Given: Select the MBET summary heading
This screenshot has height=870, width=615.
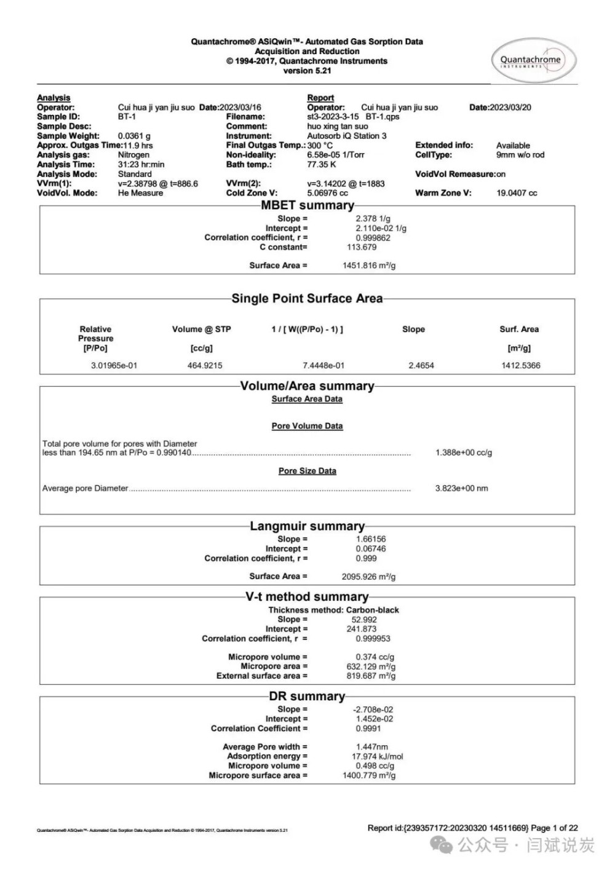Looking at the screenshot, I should point(307,205).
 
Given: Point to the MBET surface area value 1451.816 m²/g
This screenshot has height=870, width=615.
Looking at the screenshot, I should point(369,266).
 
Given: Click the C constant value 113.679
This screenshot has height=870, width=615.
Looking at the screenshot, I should point(362,247).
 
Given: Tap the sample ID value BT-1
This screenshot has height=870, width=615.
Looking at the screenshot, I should point(127,117).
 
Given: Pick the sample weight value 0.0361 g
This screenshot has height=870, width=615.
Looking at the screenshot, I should point(134,136).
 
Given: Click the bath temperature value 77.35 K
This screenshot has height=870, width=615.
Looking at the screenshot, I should point(322,165).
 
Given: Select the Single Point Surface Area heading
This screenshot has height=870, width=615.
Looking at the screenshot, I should point(307,299).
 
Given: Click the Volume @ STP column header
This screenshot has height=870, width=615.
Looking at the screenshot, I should point(202,330).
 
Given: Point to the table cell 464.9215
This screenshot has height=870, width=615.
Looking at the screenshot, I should point(205,366).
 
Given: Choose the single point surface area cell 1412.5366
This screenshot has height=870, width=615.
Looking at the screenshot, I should point(521,366).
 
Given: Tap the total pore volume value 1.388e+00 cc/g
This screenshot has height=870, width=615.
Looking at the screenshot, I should point(464,453).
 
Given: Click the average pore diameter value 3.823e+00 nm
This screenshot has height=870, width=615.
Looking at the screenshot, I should point(461,489).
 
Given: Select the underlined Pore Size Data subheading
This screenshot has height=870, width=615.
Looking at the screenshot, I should point(307,471).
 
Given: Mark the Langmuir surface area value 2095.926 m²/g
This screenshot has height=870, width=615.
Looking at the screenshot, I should point(368,577).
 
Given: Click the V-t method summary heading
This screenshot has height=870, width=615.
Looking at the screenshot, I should point(307,597).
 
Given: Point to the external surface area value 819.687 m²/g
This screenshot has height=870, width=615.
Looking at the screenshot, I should point(371,676).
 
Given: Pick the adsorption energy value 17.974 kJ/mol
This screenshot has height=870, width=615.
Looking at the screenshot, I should point(378,757).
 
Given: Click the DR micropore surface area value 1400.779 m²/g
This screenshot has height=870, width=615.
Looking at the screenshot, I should point(369,776).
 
